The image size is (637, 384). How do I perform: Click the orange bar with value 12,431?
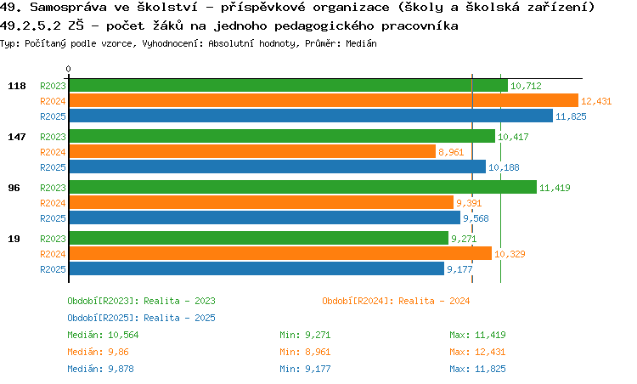pyautogui.click(x=323, y=100)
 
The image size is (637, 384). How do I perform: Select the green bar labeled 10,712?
pyautogui.click(x=288, y=85)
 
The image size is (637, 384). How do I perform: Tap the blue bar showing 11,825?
pyautogui.click(x=310, y=116)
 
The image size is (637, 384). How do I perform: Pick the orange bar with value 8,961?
pyautogui.click(x=251, y=151)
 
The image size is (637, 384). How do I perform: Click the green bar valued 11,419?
pyautogui.click(x=302, y=187)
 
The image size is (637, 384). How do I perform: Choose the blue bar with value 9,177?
pyautogui.click(x=256, y=268)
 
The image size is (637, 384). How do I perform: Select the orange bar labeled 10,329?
pyautogui.click(x=279, y=253)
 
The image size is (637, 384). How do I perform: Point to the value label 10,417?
pyautogui.click(x=513, y=136)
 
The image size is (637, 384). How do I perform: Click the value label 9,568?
pyautogui.click(x=477, y=217)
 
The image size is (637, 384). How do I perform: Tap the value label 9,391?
pyautogui.click(x=470, y=202)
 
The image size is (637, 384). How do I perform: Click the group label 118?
pyautogui.click(x=16, y=85)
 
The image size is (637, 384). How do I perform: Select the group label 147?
pyautogui.click(x=16, y=136)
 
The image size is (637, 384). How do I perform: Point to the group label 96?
pyautogui.click(x=14, y=187)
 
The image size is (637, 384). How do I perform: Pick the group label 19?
pyautogui.click(x=14, y=238)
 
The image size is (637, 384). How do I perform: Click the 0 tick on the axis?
pyautogui.click(x=69, y=69)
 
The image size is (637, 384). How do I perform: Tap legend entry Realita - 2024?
pyautogui.click(x=396, y=300)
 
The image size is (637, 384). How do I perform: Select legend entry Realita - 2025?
pyautogui.click(x=141, y=317)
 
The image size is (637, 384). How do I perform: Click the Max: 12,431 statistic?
pyautogui.click(x=477, y=351)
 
